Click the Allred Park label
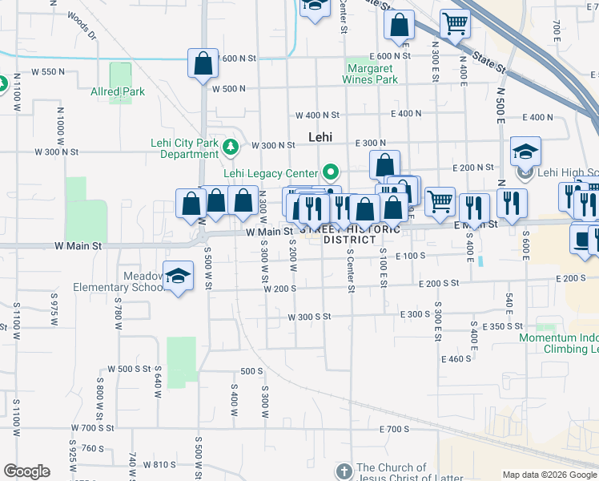118,91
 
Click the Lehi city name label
320,137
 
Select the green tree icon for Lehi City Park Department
231,147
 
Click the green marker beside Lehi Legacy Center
330,171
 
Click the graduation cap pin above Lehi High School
525,151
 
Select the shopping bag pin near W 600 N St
203,63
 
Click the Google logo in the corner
26,471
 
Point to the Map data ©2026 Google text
549,475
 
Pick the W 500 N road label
228,88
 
